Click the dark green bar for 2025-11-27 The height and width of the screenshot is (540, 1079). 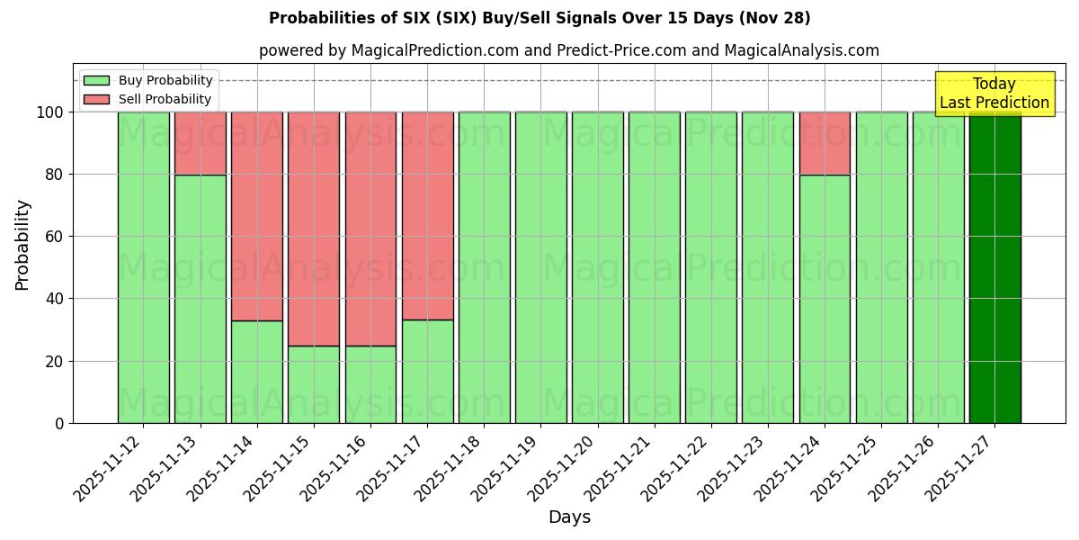coord(994,267)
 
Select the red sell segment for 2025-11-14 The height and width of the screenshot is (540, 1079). coord(257,216)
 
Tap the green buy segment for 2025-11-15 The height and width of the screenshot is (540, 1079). coord(314,384)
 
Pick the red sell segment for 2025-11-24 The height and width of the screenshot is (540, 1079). coord(825,143)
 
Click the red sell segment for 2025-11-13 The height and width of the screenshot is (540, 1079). coord(200,143)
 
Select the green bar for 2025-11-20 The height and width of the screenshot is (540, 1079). coord(597,267)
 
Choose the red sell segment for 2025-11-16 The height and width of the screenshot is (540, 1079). coord(370,229)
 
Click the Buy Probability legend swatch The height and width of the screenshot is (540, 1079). coord(96,80)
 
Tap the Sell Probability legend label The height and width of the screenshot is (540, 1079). coord(165,99)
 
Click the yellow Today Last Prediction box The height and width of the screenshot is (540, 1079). coord(994,94)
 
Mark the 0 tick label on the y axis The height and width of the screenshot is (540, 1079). coord(59,424)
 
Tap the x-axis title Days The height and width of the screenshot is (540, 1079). coord(569,517)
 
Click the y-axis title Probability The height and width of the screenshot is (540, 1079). coord(22,244)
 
